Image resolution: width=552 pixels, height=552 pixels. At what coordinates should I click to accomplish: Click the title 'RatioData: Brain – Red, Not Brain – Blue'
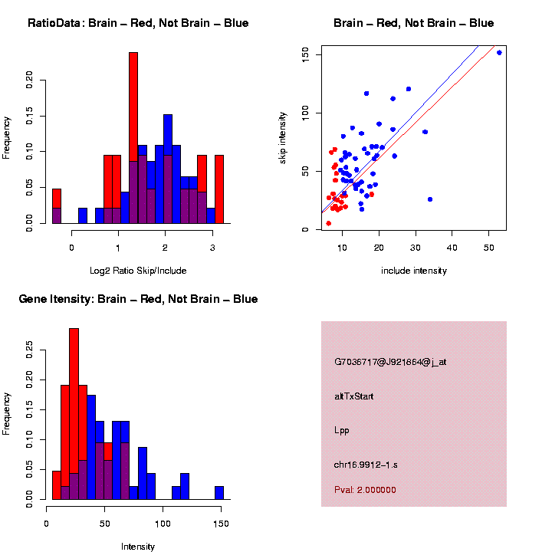tap(138, 24)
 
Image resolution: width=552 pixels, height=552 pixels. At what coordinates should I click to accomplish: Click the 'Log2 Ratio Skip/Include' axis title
tap(138, 270)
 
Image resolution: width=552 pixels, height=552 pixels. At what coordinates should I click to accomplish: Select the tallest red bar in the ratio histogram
tap(133, 138)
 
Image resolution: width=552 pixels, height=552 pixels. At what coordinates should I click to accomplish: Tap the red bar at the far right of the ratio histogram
tap(219, 189)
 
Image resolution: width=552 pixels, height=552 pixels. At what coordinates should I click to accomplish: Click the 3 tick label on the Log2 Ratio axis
tap(212, 247)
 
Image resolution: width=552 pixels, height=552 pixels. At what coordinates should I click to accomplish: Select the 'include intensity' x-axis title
tap(414, 271)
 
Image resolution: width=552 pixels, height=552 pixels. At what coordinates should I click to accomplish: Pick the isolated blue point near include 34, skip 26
tap(430, 199)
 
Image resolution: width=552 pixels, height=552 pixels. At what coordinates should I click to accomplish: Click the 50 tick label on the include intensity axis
tap(489, 248)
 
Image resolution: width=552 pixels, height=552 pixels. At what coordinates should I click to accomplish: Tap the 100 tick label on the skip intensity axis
tap(306, 113)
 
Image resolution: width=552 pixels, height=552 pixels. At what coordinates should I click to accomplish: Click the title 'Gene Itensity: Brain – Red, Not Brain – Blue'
tap(138, 299)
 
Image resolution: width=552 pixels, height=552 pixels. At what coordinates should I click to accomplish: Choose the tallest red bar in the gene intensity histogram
tap(74, 414)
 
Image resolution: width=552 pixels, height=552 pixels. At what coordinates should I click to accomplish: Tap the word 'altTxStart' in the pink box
tap(354, 396)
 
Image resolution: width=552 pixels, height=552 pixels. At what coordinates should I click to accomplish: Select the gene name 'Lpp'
tap(342, 431)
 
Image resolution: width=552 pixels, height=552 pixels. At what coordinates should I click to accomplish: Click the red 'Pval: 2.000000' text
tap(365, 490)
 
